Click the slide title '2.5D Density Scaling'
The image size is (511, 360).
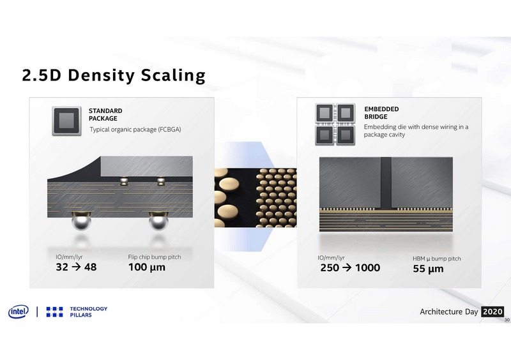coord(113,75)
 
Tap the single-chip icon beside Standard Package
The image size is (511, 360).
coord(65,119)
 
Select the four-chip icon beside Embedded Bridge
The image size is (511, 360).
coord(335,123)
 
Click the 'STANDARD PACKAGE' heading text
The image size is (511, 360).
coord(105,114)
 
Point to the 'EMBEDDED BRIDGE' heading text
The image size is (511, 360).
coord(382,113)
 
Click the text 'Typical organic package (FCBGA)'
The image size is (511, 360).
coord(135,130)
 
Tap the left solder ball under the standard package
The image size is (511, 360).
coord(81,223)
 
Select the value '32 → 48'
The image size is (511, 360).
coord(76,267)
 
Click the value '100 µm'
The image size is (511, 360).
coord(147,267)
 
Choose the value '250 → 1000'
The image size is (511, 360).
coord(350,268)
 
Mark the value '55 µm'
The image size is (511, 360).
coord(428,269)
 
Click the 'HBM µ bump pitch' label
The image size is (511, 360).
coord(437,259)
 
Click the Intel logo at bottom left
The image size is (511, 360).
coord(19,312)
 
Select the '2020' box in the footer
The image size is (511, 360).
coord(492,311)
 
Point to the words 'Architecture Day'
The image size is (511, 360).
coord(448,312)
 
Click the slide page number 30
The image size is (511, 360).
coord(507,320)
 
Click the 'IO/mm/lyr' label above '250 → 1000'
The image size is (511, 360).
coord(333,258)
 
